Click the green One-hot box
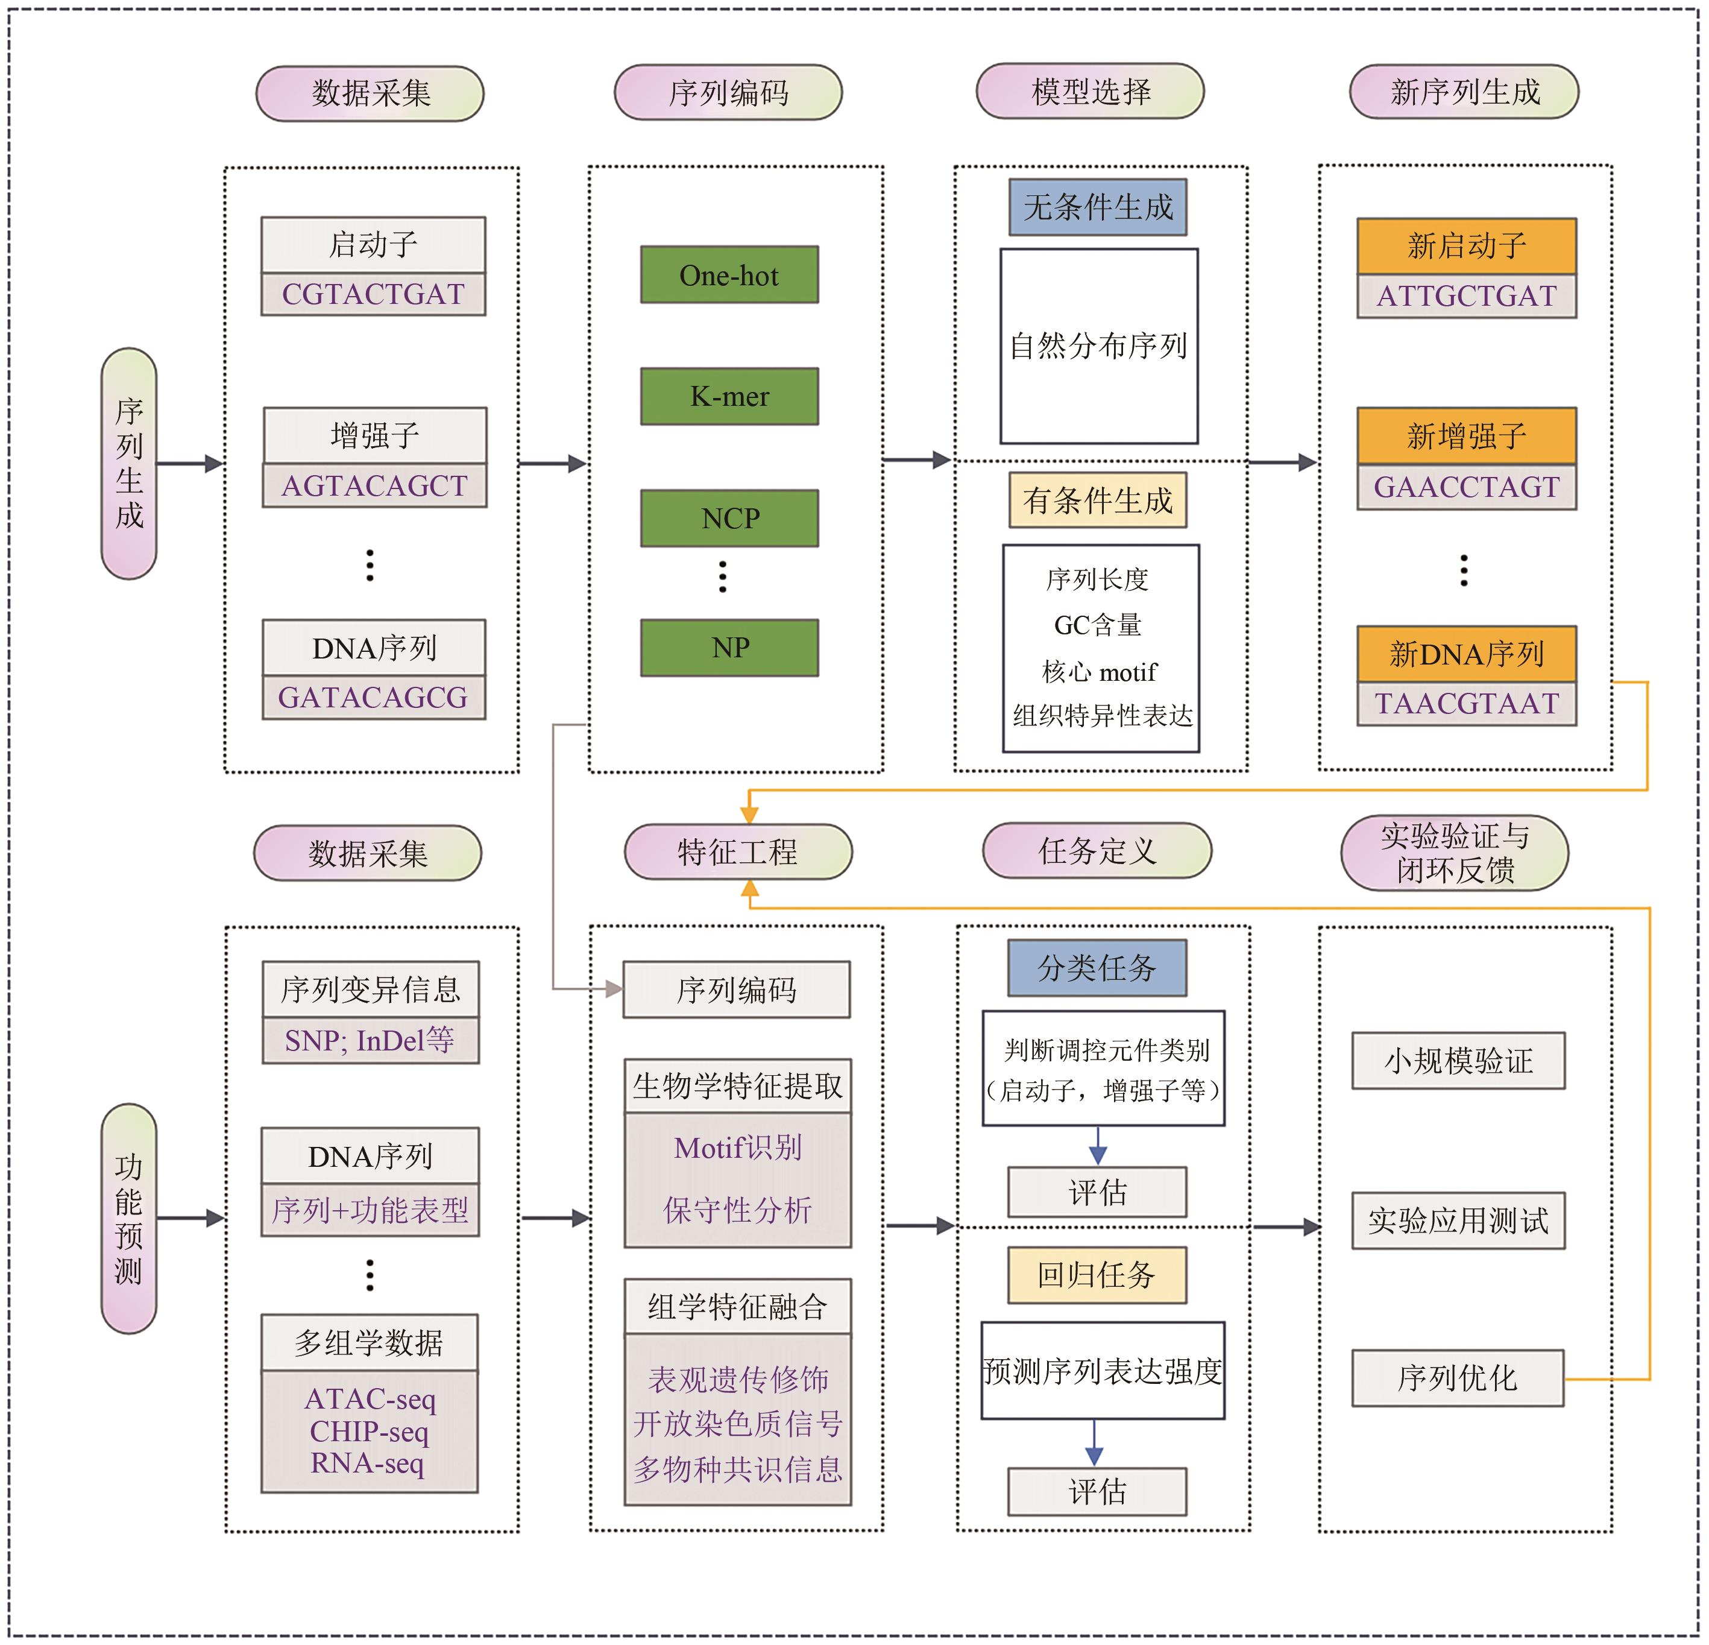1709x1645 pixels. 729,275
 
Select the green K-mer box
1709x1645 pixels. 729,396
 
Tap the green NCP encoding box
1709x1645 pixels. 729,518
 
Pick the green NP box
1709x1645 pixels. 729,647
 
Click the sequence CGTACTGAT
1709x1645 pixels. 373,294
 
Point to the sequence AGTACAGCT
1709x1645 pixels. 374,485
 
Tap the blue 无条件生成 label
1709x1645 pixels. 1097,207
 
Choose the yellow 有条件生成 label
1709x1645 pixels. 1097,500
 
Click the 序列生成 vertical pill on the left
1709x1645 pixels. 129,463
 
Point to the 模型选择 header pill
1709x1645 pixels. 1090,90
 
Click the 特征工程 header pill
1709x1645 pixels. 738,851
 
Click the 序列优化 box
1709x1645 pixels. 1457,1378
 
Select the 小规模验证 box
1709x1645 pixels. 1458,1061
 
